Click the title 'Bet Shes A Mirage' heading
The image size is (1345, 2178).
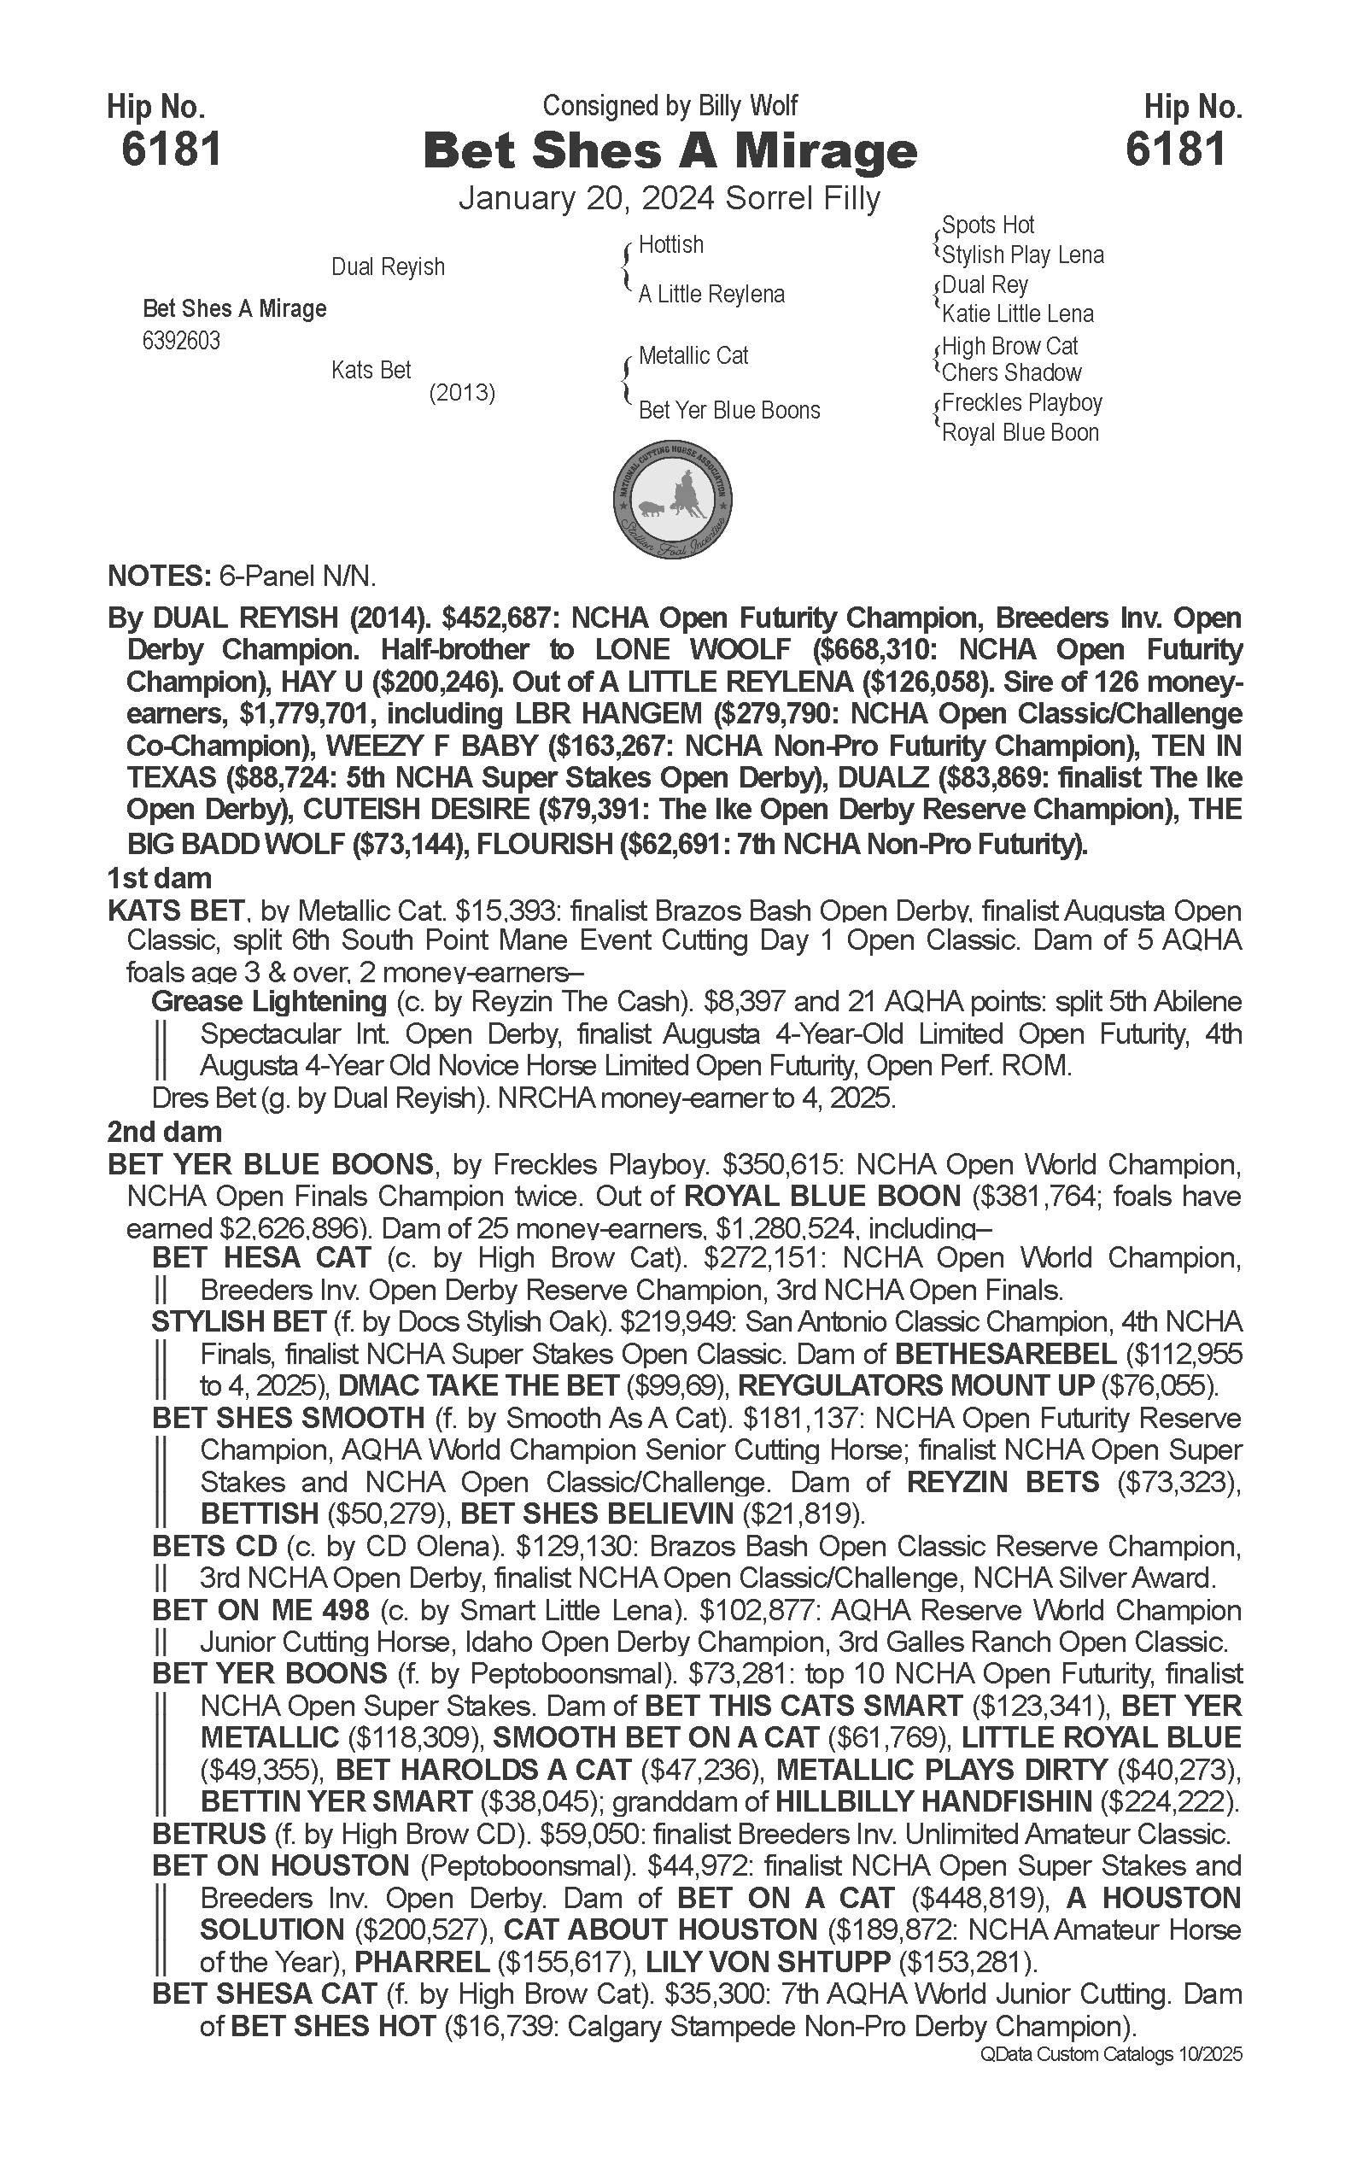[670, 151]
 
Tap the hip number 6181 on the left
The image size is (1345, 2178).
[171, 149]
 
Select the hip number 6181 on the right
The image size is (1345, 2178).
[1175, 149]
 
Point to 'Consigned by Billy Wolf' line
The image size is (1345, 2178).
[670, 106]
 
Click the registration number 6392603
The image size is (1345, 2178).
[181, 342]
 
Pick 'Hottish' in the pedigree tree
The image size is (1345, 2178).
[670, 244]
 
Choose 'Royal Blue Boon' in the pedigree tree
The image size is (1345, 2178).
[1020, 433]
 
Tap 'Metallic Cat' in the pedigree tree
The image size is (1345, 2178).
[693, 356]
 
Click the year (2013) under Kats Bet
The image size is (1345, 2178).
[462, 392]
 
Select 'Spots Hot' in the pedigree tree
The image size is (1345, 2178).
[988, 225]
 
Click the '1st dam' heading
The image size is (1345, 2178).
[159, 879]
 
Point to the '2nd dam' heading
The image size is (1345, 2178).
[165, 1132]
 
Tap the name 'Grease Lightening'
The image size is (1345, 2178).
[269, 1002]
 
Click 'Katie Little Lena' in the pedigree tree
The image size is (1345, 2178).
[1018, 314]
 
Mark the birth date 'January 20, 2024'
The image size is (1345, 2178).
[588, 198]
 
